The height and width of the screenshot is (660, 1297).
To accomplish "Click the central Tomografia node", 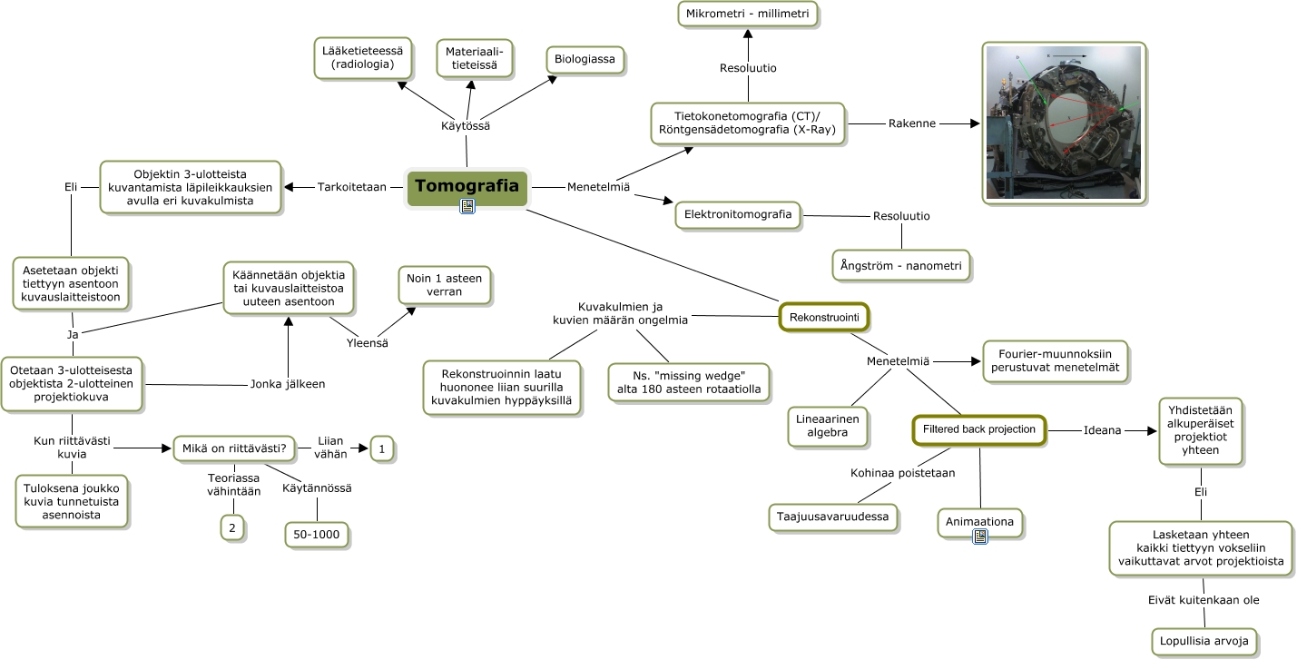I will [x=467, y=186].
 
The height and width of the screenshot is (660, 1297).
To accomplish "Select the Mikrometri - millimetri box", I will [x=748, y=15].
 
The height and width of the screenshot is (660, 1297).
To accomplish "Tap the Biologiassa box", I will [x=586, y=60].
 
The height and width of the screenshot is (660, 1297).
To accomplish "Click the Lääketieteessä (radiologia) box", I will [x=363, y=56].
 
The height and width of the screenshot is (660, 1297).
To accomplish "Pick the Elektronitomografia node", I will [x=738, y=215].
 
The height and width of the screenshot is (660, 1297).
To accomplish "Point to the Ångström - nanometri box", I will [x=900, y=266].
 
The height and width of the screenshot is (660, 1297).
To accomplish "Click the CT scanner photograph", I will [x=1063, y=123].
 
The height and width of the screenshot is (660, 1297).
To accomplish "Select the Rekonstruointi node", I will [x=824, y=317].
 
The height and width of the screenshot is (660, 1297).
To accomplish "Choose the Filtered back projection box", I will [x=978, y=429].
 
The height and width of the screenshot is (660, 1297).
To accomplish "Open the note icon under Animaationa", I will [x=980, y=537].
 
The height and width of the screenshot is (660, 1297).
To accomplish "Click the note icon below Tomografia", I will [x=467, y=207].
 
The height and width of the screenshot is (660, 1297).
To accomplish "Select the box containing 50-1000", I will [x=316, y=535].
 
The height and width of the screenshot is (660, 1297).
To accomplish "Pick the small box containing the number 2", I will [x=231, y=527].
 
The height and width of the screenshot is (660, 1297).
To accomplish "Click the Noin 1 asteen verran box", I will [x=445, y=285].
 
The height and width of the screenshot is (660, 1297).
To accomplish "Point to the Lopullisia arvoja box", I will [x=1204, y=641].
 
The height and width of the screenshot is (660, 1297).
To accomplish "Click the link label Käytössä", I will [x=466, y=126].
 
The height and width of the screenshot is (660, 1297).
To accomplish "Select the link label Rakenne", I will [x=911, y=123].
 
